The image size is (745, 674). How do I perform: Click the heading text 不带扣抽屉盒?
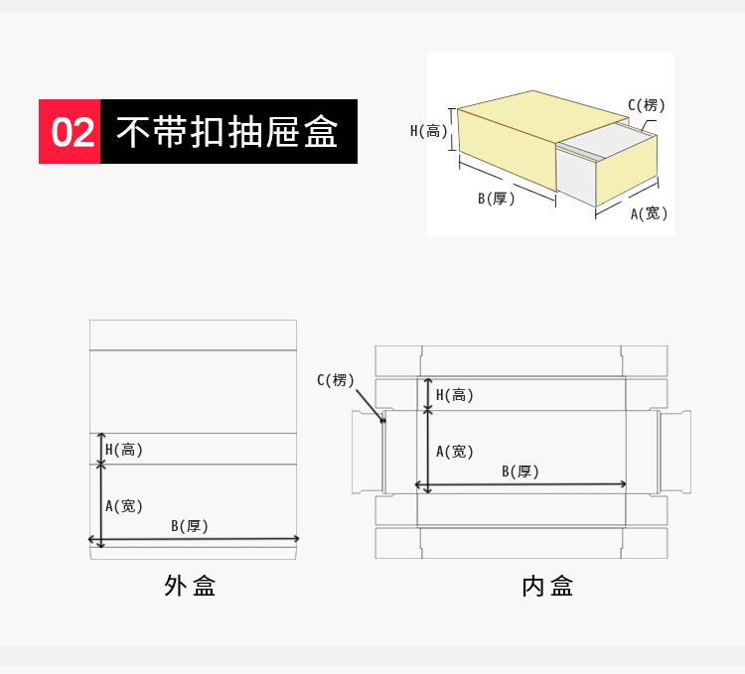click(227, 131)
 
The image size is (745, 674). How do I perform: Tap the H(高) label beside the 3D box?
click(429, 130)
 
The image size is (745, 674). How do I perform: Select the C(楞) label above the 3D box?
click(647, 105)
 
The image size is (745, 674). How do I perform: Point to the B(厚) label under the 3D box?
click(497, 199)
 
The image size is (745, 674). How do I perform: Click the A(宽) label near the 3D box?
click(650, 213)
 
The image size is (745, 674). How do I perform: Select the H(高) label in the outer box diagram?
click(124, 450)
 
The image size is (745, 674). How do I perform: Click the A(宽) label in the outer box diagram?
click(125, 506)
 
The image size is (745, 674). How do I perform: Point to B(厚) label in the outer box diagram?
click(190, 526)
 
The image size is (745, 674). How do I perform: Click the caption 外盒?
click(190, 586)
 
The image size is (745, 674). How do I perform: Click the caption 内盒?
click(547, 586)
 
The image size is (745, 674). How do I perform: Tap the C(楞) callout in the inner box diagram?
click(336, 380)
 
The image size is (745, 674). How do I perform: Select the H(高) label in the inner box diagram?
click(455, 395)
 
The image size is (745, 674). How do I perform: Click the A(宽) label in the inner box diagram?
click(455, 452)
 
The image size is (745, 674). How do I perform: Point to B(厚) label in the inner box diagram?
click(521, 472)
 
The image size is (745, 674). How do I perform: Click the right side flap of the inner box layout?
click(675, 452)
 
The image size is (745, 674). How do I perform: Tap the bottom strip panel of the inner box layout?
click(521, 543)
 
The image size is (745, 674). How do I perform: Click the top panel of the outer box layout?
click(193, 335)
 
